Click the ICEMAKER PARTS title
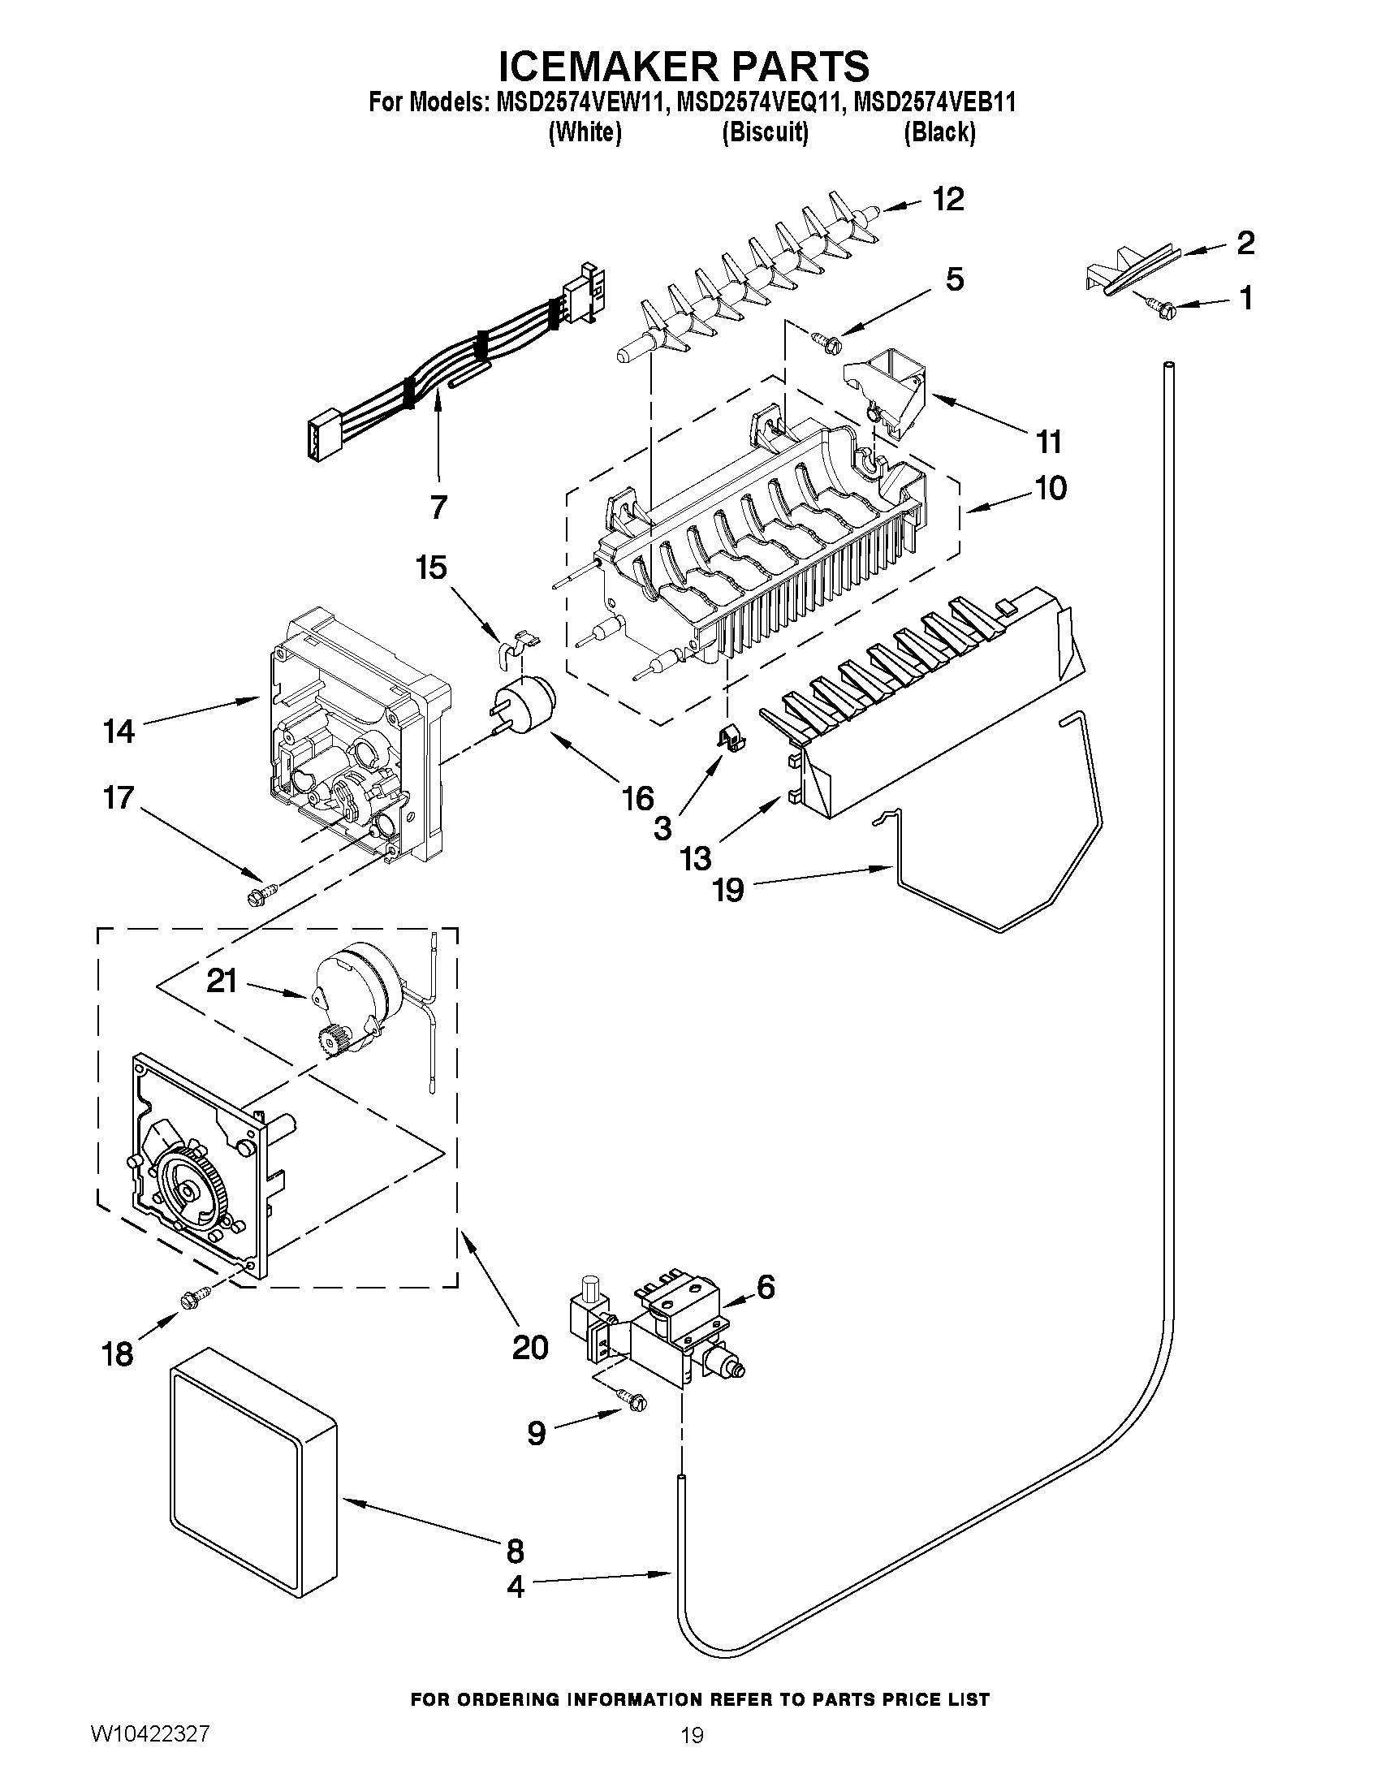pyautogui.click(x=683, y=66)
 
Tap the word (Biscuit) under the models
pyautogui.click(x=765, y=132)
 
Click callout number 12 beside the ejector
pyautogui.click(x=948, y=199)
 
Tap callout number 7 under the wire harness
pyautogui.click(x=438, y=507)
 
